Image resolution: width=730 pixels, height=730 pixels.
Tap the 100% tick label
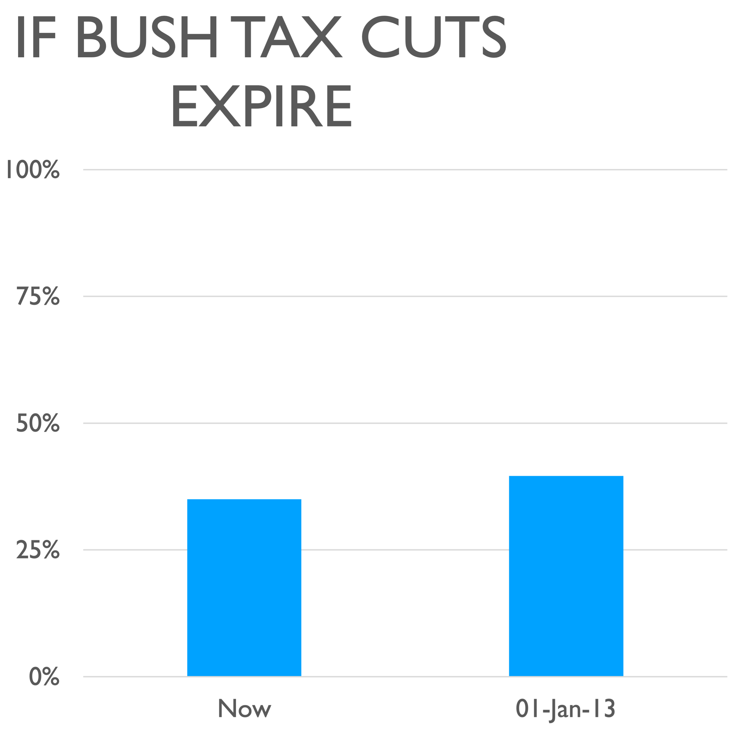pyautogui.click(x=33, y=170)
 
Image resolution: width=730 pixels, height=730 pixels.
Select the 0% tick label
pyautogui.click(x=44, y=677)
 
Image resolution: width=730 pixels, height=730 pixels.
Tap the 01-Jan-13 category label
pyautogui.click(x=566, y=709)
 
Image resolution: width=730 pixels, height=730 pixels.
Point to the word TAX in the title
pyautogui.click(x=291, y=37)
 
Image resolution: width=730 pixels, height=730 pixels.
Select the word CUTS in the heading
pyautogui.click(x=433, y=37)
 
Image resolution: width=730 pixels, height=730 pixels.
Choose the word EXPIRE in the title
pyautogui.click(x=262, y=106)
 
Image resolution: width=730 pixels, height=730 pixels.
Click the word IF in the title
pyautogui.click(x=36, y=37)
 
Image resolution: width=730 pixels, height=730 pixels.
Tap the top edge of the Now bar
pyautogui.click(x=244, y=500)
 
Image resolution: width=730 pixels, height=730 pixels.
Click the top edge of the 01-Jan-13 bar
pyautogui.click(x=566, y=477)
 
